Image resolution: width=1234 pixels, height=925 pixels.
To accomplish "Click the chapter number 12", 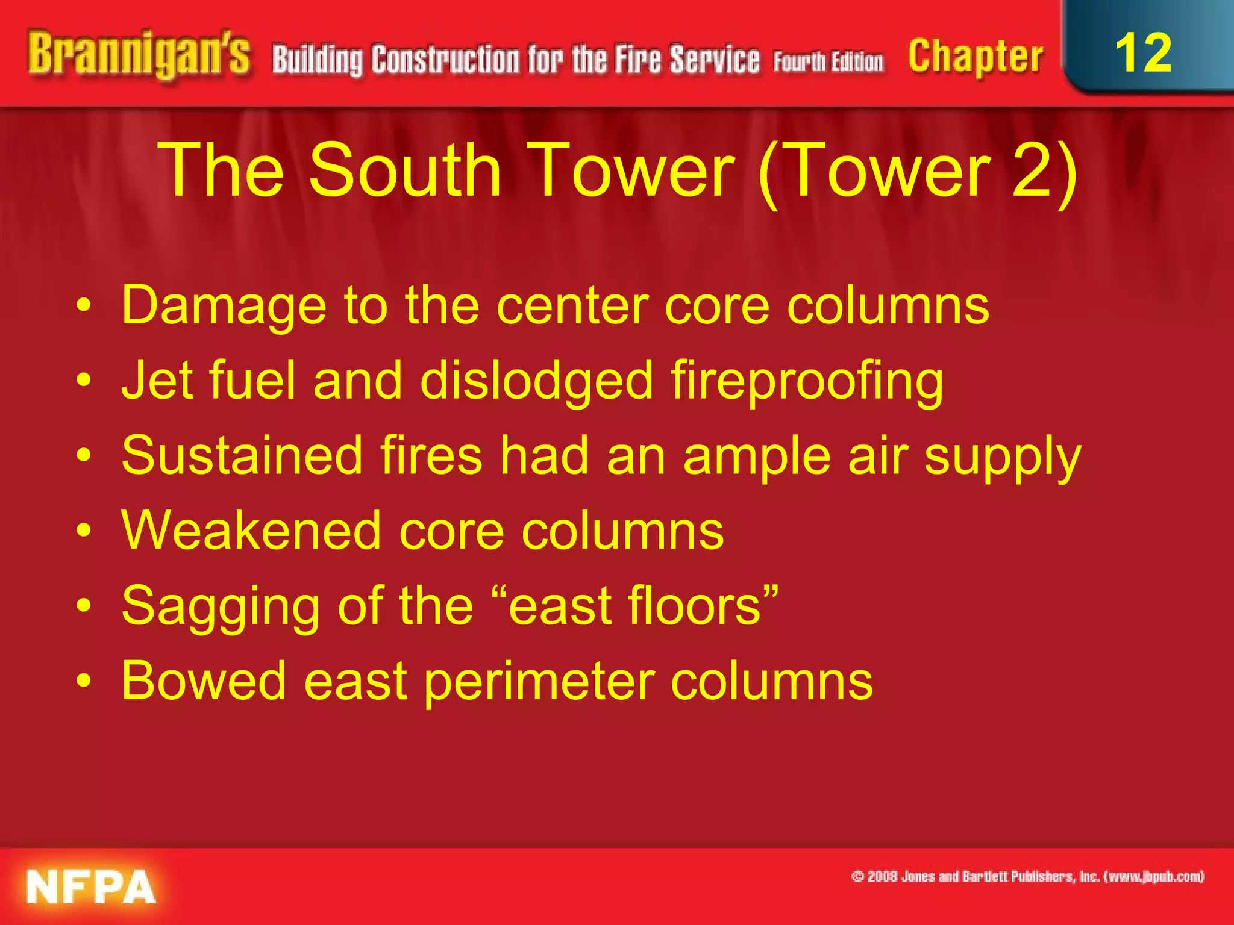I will (1143, 53).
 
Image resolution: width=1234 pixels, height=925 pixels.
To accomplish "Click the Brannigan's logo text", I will (138, 55).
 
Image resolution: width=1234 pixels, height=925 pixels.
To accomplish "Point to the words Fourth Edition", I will (828, 62).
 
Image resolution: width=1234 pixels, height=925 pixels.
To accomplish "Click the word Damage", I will (224, 306).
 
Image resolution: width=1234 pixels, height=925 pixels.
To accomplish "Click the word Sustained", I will (242, 456).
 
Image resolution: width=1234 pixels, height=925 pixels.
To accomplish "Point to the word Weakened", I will (251, 531).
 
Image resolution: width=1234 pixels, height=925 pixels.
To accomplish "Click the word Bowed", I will (204, 681).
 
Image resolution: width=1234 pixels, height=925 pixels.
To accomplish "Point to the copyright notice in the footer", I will (1027, 876).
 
